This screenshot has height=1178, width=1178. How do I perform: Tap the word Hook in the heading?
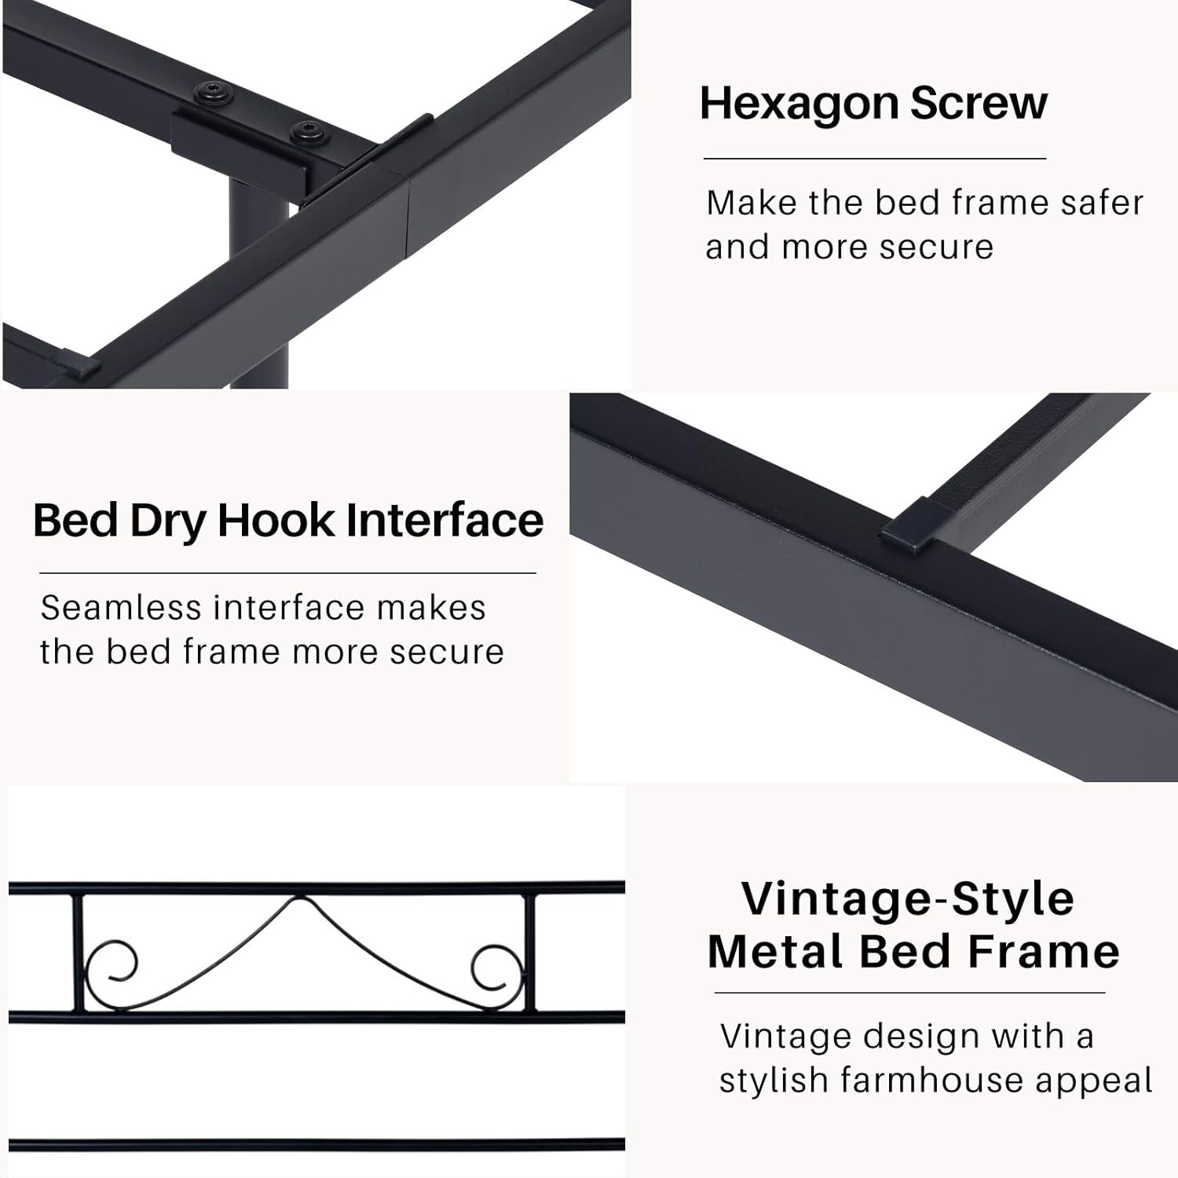point(276,521)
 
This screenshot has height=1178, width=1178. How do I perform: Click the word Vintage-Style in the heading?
point(908,899)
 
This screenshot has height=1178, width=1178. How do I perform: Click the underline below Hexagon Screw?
point(875,159)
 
